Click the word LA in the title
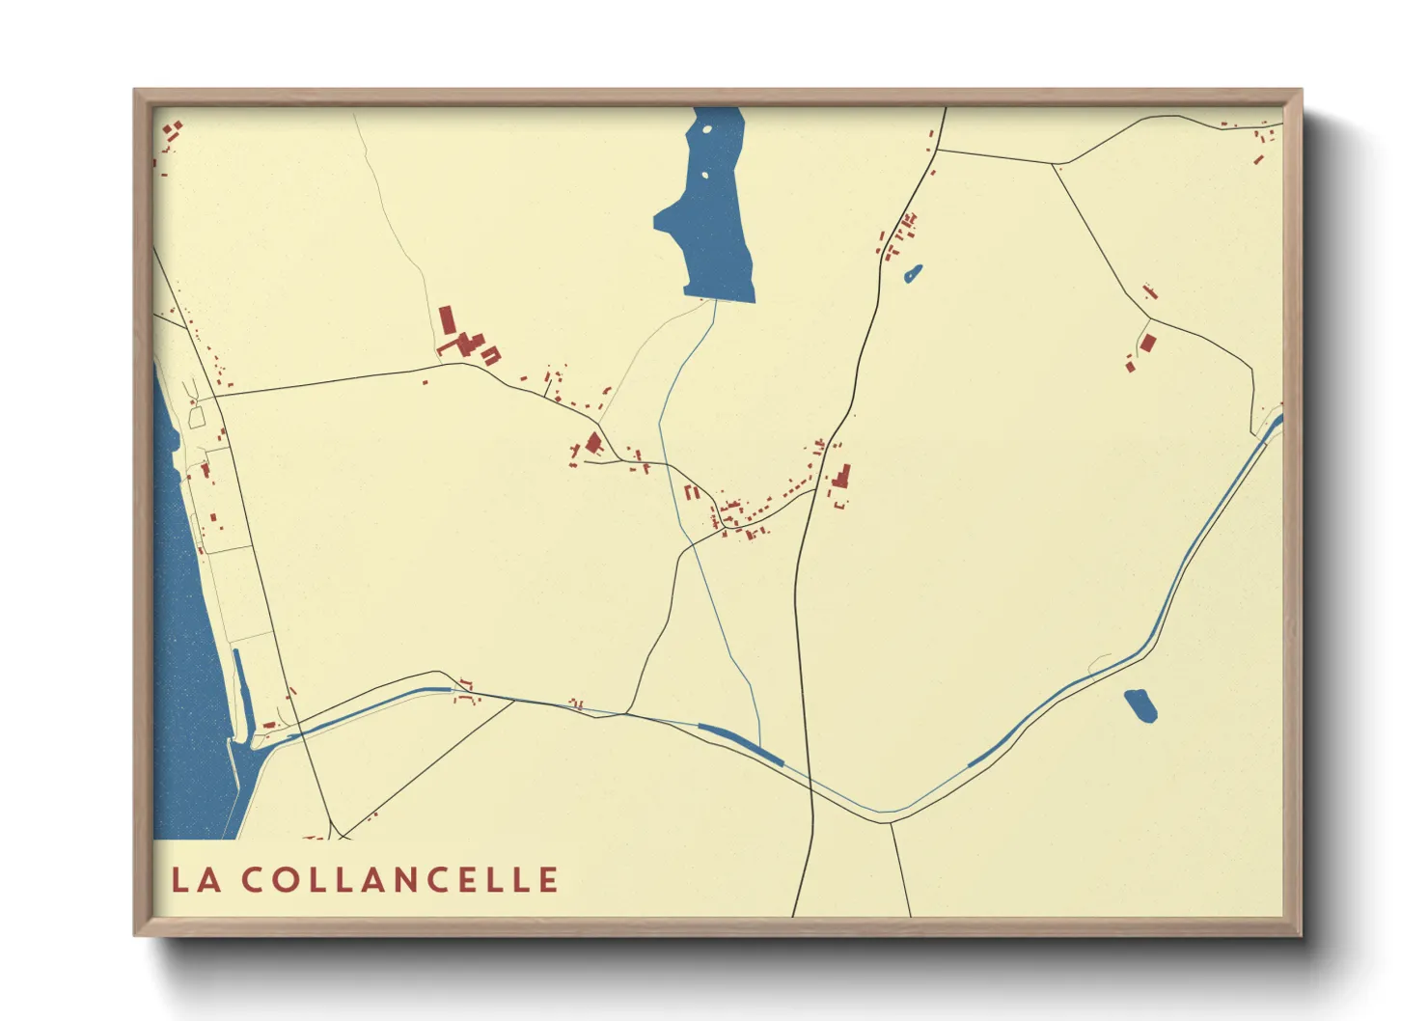tap(196, 879)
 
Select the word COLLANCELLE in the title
tap(399, 879)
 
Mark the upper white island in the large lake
tap(708, 128)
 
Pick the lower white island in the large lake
tap(704, 176)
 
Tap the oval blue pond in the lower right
tap(1140, 705)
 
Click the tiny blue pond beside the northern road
tap(913, 274)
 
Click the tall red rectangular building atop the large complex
tap(446, 319)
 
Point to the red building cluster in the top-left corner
tap(173, 132)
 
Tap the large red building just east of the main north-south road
tap(841, 477)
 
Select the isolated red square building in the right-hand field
tap(1147, 343)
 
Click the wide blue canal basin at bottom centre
tap(741, 744)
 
